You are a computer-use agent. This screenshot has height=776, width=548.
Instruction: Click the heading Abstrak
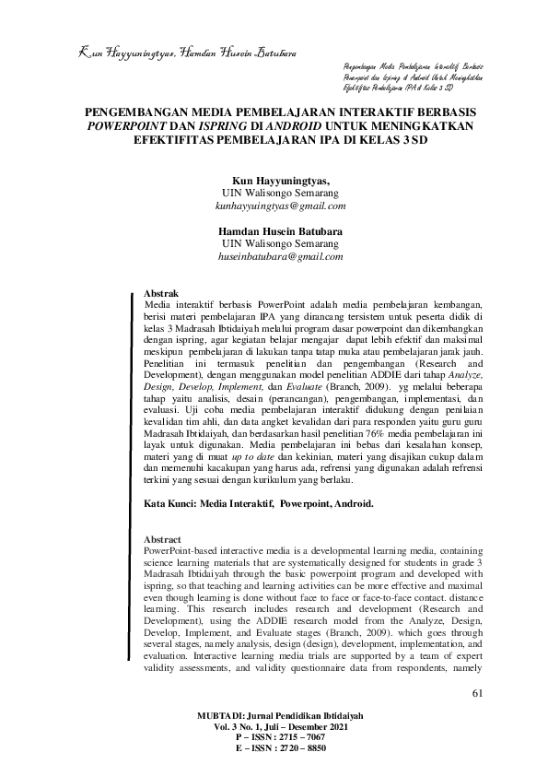point(162,291)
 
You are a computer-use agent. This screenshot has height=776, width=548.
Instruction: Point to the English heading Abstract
point(163,538)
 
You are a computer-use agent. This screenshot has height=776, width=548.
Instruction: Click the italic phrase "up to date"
point(250,456)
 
